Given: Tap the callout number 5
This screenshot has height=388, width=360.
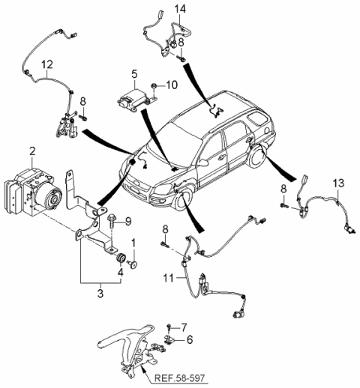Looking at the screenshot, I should click(134, 74).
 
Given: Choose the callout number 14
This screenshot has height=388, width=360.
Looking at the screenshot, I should click(180, 8).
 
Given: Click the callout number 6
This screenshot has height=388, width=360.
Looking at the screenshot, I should click(189, 339).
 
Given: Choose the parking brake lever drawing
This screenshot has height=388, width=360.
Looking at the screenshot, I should click(124, 349).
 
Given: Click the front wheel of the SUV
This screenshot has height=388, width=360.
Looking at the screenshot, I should click(182, 201).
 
